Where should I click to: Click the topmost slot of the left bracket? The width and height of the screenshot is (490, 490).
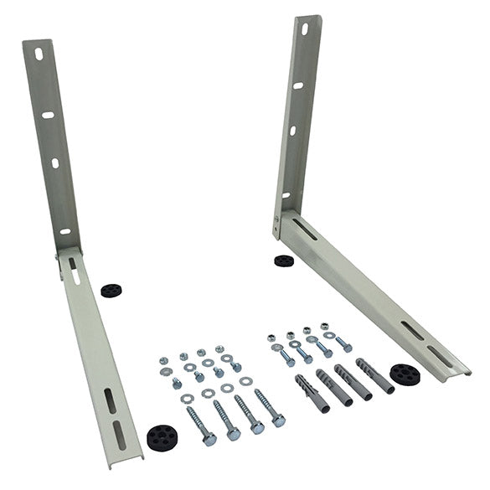[x=37, y=57]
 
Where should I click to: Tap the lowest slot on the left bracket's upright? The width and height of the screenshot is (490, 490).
[x=64, y=231]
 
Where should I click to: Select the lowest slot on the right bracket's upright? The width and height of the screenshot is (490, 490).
[x=286, y=194]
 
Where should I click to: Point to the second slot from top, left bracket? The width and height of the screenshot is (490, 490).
[x=48, y=115]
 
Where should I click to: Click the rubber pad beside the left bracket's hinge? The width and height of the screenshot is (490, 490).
[x=109, y=290]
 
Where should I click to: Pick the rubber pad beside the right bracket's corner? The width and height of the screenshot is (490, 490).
[x=284, y=260]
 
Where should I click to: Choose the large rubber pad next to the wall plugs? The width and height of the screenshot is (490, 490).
[x=405, y=374]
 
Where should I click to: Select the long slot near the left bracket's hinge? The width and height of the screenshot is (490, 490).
[x=75, y=271]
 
